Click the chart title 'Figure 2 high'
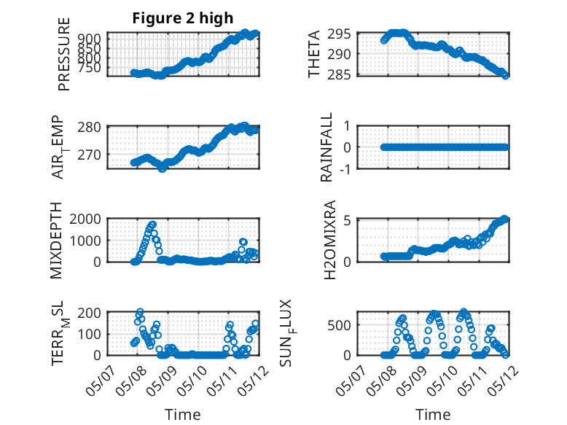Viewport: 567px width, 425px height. coord(183,18)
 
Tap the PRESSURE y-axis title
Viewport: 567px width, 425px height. coord(63,54)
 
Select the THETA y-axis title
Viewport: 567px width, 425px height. coord(314,54)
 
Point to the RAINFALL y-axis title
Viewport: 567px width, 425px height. coord(326,147)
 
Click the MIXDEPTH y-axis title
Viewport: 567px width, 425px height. coord(56,240)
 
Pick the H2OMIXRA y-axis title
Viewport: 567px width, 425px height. coord(330,240)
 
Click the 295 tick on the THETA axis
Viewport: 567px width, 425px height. coord(339,34)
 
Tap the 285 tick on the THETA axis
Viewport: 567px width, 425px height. coord(339,74)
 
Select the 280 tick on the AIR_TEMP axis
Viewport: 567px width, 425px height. coord(90,128)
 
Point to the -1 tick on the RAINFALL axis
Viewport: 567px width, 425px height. coord(345,168)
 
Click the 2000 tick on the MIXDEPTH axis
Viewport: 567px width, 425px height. coord(85,219)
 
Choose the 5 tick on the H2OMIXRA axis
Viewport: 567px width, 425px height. coord(347,220)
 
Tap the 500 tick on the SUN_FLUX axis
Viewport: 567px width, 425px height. coord(339,325)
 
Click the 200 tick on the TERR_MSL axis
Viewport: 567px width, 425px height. coord(90,313)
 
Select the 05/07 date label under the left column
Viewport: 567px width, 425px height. coord(101,380)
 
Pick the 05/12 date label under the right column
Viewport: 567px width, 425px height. coord(503,380)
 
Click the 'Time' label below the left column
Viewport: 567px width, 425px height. coord(183,415)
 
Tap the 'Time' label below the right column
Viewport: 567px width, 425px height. coord(433,415)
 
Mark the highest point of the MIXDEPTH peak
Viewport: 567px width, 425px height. coord(152,225)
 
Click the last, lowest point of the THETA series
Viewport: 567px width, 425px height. coord(506,76)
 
